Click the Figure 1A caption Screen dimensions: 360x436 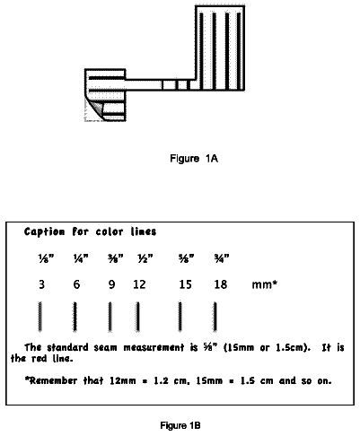[194, 158]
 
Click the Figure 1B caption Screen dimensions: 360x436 [180, 425]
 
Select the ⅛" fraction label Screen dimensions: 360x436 [46, 258]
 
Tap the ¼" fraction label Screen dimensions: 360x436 [81, 258]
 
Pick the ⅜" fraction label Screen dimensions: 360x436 [116, 258]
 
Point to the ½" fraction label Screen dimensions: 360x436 [145, 258]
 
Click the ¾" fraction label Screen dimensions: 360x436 [222, 258]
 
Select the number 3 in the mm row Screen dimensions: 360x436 [41, 284]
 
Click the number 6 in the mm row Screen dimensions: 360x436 [76, 284]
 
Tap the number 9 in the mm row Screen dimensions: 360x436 [111, 284]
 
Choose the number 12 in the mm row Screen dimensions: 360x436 [139, 284]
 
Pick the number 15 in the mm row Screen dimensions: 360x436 [185, 284]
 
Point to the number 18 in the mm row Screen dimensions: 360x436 [221, 284]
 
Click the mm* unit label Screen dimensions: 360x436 [265, 284]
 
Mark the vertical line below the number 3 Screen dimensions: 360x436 [40, 317]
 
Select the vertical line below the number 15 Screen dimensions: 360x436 [180, 317]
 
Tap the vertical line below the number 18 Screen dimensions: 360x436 [215, 317]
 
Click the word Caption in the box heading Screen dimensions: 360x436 [44, 232]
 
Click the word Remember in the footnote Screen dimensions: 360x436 [51, 380]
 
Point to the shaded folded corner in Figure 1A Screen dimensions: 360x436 [96, 109]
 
